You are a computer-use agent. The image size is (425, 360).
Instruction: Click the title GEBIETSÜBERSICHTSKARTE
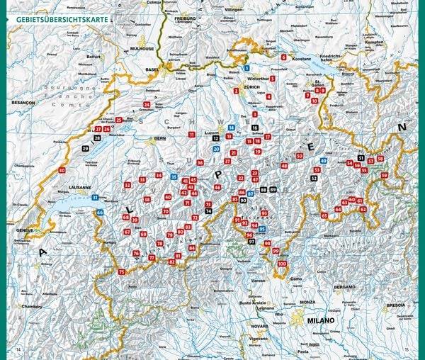pyautogui.click(x=58, y=21)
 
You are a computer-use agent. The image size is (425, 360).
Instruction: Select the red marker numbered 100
pyautogui.click(x=283, y=264)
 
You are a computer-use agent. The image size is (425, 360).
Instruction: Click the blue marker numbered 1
pyautogui.click(x=246, y=67)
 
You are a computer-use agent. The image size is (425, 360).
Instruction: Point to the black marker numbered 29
pyautogui.click(x=86, y=148)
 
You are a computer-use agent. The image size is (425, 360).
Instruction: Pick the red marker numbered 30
pyautogui.click(x=62, y=170)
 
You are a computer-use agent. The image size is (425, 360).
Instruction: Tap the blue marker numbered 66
pyautogui.click(x=100, y=212)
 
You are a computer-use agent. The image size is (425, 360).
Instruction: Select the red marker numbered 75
pyautogui.click(x=121, y=272)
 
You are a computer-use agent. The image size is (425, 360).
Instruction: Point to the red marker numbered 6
pyautogui.click(x=283, y=57)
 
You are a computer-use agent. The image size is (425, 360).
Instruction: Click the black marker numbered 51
pyautogui.click(x=361, y=157)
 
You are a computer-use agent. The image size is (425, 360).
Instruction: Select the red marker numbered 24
pyautogui.click(x=147, y=104)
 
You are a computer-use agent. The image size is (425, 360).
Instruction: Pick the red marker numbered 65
pyautogui.click(x=324, y=215)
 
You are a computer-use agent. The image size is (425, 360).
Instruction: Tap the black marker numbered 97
pyautogui.click(x=251, y=242)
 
